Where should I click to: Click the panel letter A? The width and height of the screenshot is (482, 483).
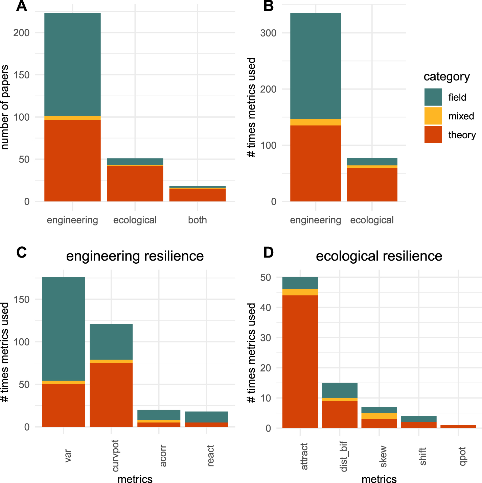click(x=21, y=6)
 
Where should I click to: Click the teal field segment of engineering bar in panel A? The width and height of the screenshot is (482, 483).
click(x=72, y=64)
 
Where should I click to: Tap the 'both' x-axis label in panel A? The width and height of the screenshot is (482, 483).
click(x=197, y=220)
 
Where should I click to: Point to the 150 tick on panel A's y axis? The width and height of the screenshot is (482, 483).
click(x=21, y=75)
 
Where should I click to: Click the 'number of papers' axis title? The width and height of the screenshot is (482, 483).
click(x=5, y=107)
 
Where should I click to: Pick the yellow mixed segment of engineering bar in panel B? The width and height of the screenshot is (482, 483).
click(x=315, y=122)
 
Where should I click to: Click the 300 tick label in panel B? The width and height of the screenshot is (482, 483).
click(x=268, y=33)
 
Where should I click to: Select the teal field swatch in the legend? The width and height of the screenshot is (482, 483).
click(x=433, y=97)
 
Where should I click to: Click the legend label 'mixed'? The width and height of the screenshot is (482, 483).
click(x=461, y=116)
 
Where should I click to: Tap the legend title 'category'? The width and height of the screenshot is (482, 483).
click(x=446, y=77)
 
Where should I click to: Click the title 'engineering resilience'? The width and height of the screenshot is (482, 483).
click(x=135, y=256)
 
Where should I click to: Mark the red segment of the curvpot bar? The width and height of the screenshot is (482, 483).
click(x=111, y=395)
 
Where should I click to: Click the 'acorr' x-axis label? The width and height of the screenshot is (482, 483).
click(x=163, y=456)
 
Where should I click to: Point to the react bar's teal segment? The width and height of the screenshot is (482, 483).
click(x=206, y=417)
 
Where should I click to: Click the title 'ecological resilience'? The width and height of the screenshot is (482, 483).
click(x=379, y=256)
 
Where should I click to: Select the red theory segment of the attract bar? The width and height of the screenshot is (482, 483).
click(x=300, y=362)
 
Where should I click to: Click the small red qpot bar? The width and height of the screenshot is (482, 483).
click(x=458, y=427)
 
